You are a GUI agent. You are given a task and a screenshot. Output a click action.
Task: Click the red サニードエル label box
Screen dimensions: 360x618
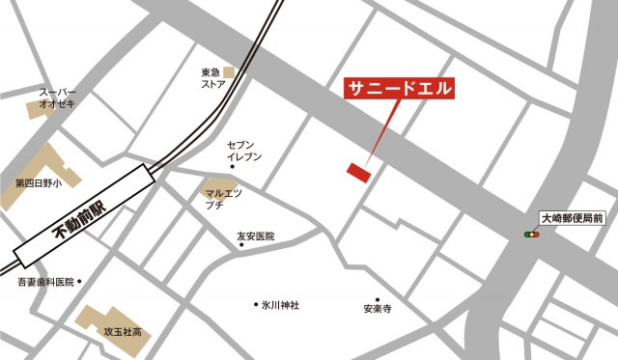pos(399,86)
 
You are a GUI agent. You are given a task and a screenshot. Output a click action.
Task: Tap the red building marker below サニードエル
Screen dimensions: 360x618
pos(358,171)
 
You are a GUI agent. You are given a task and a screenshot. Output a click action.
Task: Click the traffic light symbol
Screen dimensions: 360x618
pos(531,235)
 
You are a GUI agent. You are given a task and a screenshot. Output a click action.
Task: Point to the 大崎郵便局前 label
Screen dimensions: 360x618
pos(572,219)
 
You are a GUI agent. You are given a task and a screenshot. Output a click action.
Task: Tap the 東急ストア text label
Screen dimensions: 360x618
pos(212,78)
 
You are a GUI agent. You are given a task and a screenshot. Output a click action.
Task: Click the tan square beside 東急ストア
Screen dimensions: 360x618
pos(230,72)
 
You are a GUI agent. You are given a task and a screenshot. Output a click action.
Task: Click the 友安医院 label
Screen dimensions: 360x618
pos(255,235)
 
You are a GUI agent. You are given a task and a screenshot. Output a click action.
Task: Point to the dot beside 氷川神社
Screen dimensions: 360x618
pos(256,305)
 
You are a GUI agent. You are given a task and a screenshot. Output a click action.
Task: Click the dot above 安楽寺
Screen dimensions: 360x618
pos(378,299)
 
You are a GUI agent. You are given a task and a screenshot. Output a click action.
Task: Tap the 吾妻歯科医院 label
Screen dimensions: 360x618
pos(45,282)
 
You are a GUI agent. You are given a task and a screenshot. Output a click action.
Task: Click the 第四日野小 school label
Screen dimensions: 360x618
pos(38,182)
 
